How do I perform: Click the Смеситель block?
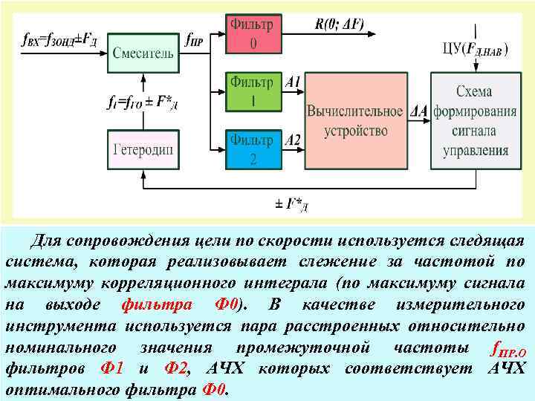[143, 53]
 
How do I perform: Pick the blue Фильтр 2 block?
[252, 149]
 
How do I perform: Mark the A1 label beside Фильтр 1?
[293, 82]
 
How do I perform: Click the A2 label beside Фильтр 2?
[293, 140]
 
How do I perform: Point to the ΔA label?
[419, 111]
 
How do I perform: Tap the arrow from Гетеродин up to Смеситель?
[143, 93]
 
